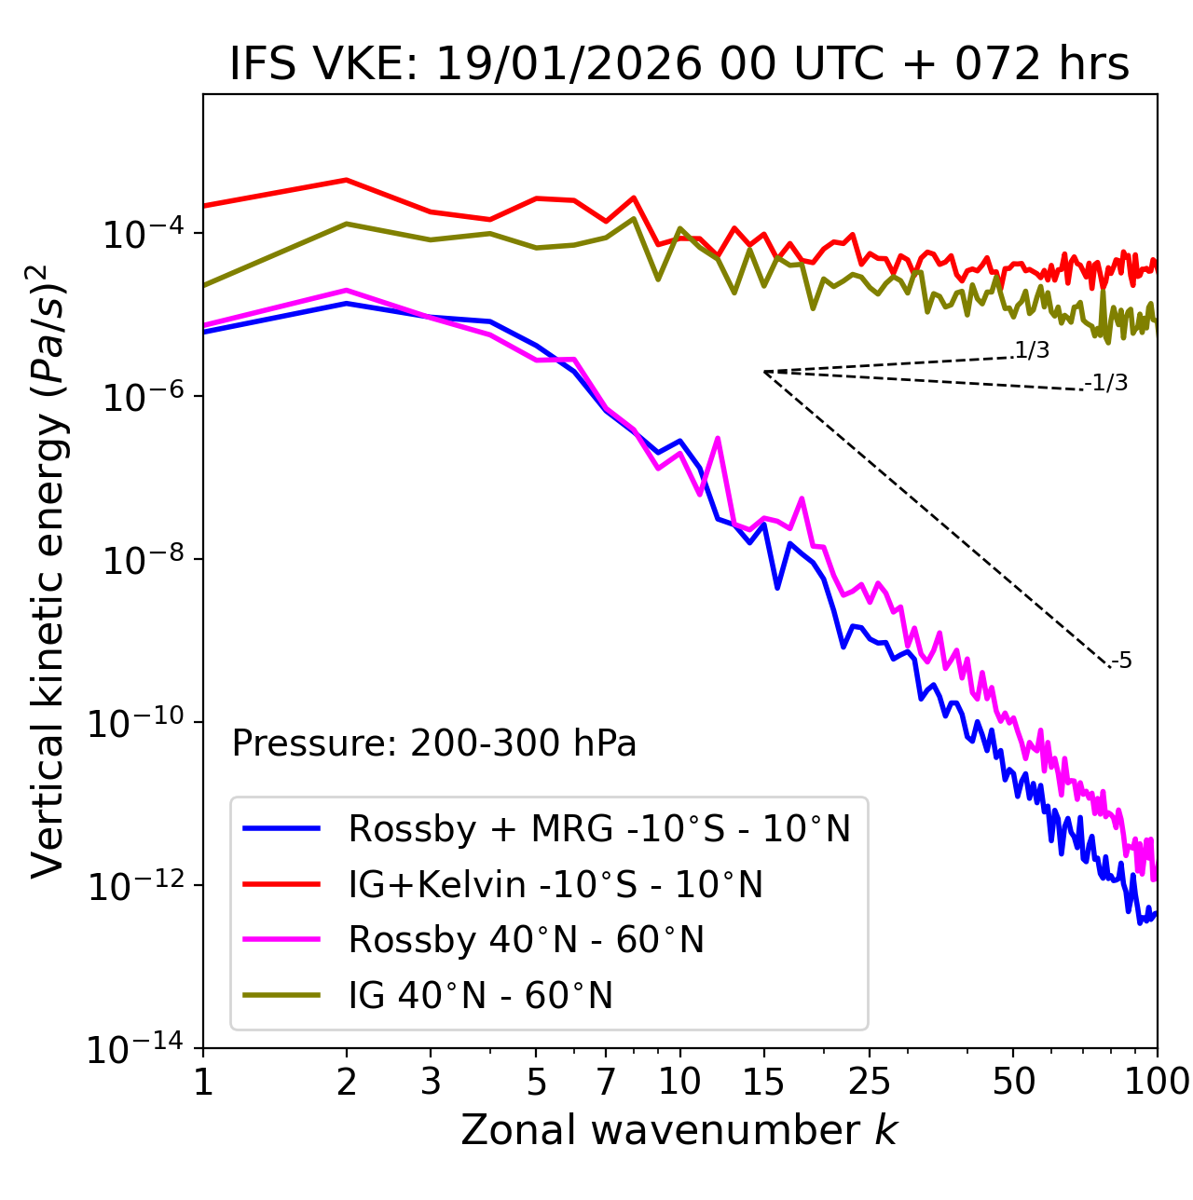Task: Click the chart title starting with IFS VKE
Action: pyautogui.click(x=679, y=64)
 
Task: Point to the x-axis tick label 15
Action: pyautogui.click(x=763, y=1082)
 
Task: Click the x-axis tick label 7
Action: pyautogui.click(x=606, y=1082)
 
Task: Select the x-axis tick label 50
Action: pyautogui.click(x=1013, y=1082)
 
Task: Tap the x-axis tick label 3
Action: pyautogui.click(x=431, y=1082)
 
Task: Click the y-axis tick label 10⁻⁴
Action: pyautogui.click(x=141, y=234)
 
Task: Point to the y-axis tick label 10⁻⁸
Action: pyautogui.click(x=141, y=561)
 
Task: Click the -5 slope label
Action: pyautogui.click(x=1122, y=661)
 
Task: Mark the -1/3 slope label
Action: pyautogui.click(x=1107, y=383)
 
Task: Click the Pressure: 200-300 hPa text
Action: pyautogui.click(x=433, y=743)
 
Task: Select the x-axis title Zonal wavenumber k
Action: pyautogui.click(x=679, y=1130)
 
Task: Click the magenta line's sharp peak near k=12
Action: pyautogui.click(x=718, y=437)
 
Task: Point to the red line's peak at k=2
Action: pyautogui.click(x=347, y=180)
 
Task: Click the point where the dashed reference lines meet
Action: pyautogui.click(x=763, y=372)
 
